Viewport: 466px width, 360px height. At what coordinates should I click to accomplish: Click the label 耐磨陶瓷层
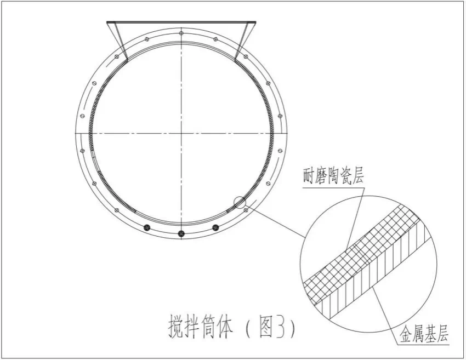(333, 176)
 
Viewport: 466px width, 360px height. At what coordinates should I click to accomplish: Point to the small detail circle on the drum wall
(240, 202)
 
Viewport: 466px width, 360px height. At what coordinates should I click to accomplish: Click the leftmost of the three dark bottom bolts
(146, 227)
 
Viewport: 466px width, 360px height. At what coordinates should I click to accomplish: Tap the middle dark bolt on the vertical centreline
(181, 234)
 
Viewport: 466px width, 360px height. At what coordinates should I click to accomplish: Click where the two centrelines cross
(181, 133)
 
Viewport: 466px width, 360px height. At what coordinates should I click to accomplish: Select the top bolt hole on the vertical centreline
(181, 34)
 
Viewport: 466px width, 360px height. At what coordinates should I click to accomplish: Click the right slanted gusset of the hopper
(244, 41)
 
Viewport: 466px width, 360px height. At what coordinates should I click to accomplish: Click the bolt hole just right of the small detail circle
(246, 209)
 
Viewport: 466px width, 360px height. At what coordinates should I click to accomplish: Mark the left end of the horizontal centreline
(76, 133)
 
